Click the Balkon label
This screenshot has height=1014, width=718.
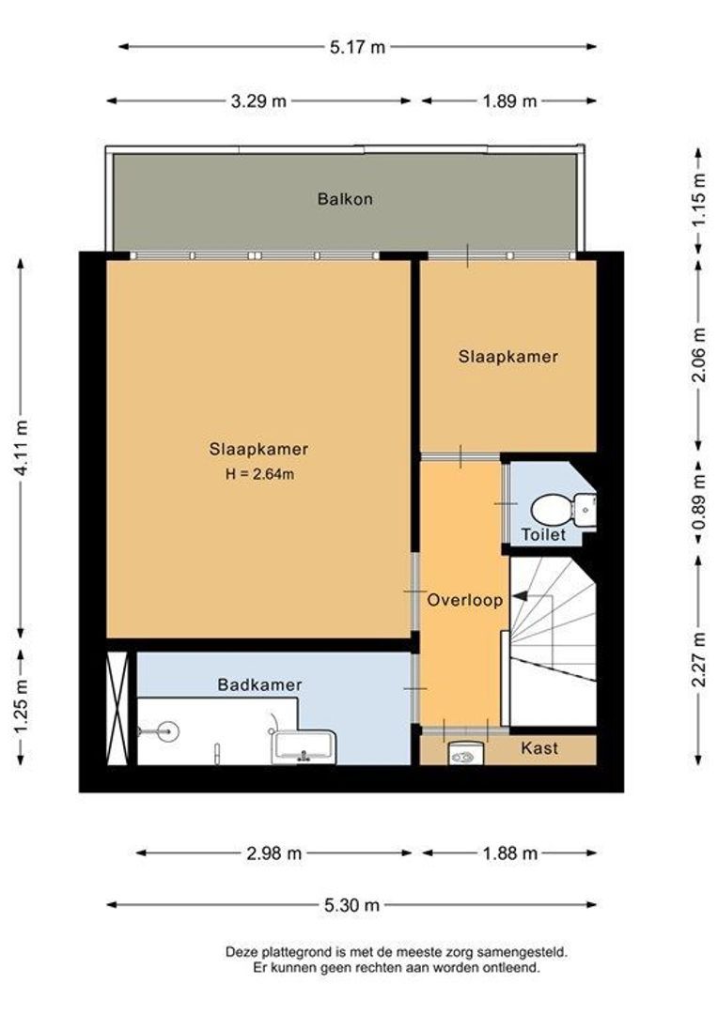click(x=345, y=198)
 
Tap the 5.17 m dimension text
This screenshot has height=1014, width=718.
click(x=357, y=47)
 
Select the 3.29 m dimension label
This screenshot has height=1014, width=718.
click(x=258, y=100)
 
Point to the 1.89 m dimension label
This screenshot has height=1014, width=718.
click(x=509, y=100)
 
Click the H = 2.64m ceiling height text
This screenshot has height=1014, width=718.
click(x=259, y=474)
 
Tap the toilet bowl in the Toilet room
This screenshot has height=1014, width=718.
click(x=551, y=510)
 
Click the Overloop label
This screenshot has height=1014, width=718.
click(x=465, y=600)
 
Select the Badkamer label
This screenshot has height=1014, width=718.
click(x=259, y=684)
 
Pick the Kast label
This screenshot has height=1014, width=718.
click(x=539, y=748)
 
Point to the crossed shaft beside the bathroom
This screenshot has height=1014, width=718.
click(x=117, y=709)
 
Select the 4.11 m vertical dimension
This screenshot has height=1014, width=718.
click(x=22, y=448)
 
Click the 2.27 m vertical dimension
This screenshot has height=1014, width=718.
click(x=698, y=659)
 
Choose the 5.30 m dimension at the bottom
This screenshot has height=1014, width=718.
click(x=351, y=905)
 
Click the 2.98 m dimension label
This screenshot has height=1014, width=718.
click(x=273, y=853)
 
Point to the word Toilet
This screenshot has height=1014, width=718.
click(x=544, y=535)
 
